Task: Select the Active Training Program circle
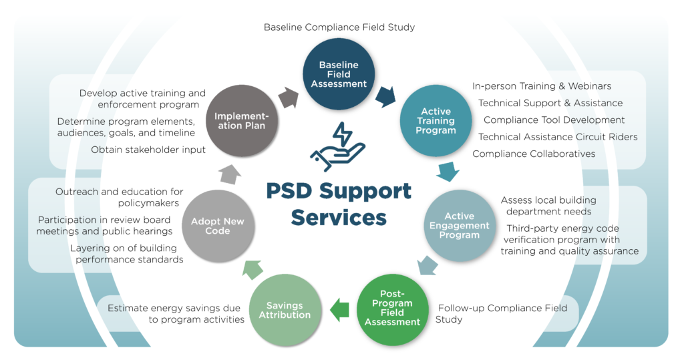[x=436, y=121]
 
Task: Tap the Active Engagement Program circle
[x=459, y=226]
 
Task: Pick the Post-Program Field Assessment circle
[x=392, y=309]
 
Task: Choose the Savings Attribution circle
[x=285, y=309]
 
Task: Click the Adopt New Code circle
[x=218, y=226]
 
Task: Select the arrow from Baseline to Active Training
[x=385, y=96]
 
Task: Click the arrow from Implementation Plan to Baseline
[x=289, y=97]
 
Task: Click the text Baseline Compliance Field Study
[x=339, y=27]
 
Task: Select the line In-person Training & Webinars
[x=542, y=86]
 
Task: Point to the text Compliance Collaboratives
[x=534, y=154]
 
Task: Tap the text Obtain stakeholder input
[x=148, y=150]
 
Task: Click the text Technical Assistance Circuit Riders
[x=558, y=137]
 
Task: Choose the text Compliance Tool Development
[x=554, y=120]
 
